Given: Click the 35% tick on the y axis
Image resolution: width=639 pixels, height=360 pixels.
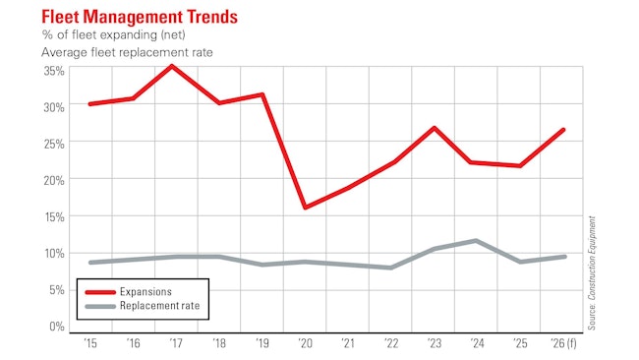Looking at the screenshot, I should (x=53, y=70).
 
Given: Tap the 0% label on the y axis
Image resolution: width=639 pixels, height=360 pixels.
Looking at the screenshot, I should (x=56, y=326).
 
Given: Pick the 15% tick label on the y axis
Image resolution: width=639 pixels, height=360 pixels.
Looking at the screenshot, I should (x=53, y=216).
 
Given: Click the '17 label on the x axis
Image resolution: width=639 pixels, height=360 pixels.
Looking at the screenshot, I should (x=174, y=343).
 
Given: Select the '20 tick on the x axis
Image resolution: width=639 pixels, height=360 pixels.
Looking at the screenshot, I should (x=305, y=343).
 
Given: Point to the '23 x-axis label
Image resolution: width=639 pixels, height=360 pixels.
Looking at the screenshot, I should (x=435, y=343).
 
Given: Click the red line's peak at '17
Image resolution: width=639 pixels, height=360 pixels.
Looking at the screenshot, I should (x=173, y=66).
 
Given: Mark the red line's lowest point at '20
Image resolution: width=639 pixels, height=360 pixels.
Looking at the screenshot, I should (x=305, y=208).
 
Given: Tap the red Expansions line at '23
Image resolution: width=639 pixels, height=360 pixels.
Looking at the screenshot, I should (x=435, y=128).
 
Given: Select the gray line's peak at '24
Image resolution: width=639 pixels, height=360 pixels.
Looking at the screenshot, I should (x=477, y=240).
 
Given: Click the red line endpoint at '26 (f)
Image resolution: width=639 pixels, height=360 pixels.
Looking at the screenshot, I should (x=563, y=130).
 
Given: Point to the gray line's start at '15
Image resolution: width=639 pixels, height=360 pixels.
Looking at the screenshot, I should (x=89, y=263).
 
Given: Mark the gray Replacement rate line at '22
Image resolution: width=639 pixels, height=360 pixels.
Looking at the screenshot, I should (x=391, y=268).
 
